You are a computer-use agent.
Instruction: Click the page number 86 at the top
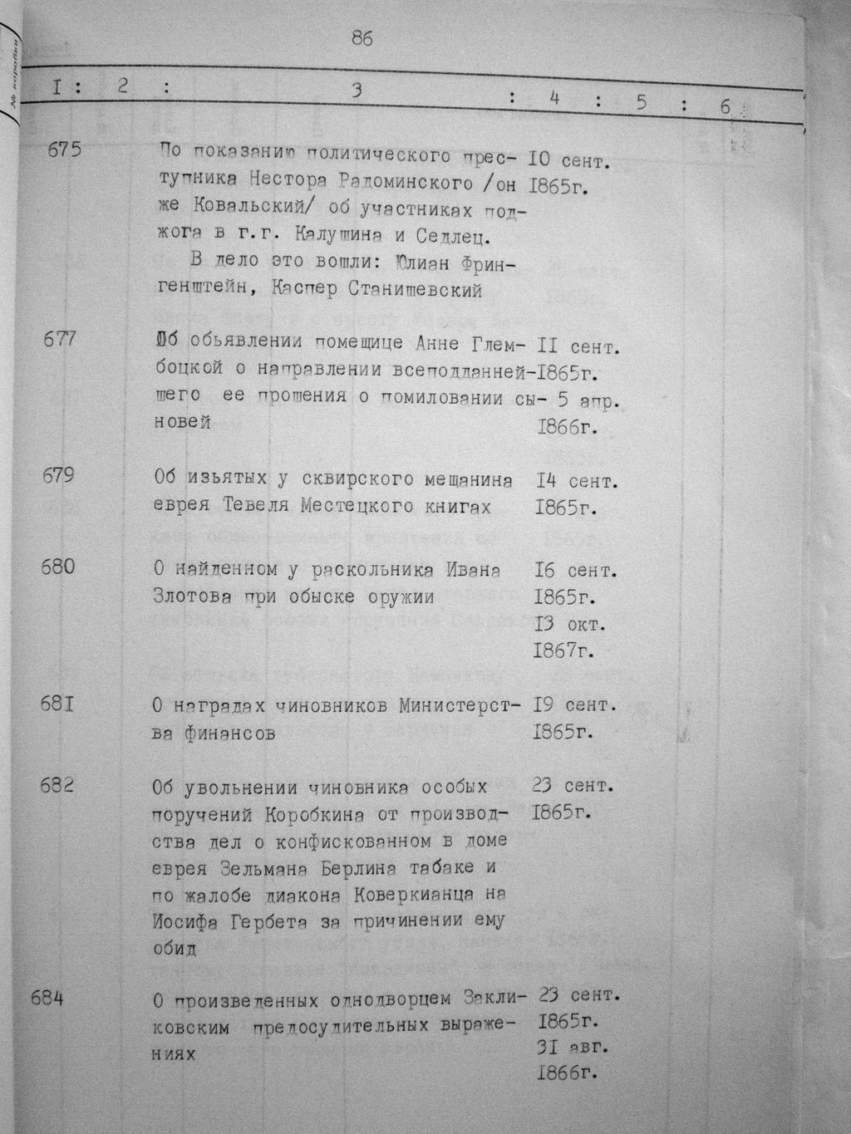[362, 38]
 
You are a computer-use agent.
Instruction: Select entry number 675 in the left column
[66, 150]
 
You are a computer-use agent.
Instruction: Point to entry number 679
[57, 475]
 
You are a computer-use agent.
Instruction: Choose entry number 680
[57, 567]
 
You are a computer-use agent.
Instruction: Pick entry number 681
[57, 704]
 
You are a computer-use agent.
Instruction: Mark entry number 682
[57, 784]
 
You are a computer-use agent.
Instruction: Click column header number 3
[357, 91]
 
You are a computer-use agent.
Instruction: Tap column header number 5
[641, 102]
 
